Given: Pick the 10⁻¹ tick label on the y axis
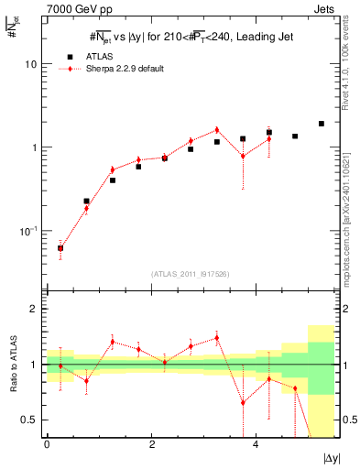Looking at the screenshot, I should [28, 231].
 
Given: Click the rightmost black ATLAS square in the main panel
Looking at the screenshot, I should [322, 124].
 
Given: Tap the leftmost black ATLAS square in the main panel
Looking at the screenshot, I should [60, 247].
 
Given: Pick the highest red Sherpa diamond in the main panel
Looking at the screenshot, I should [217, 129].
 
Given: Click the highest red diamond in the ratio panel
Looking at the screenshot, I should [217, 338].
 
